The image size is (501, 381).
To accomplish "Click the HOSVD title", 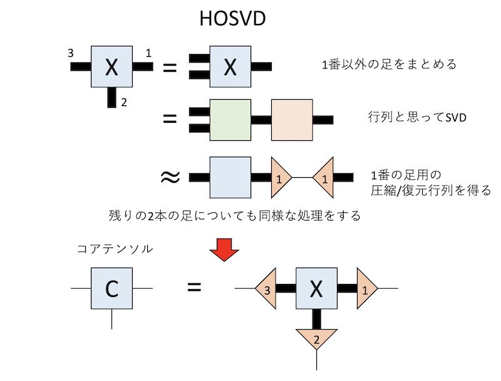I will coord(232,19).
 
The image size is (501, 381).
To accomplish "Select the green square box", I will coord(230,119).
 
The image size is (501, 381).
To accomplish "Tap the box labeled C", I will coord(111,288).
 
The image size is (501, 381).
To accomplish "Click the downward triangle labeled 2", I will coord(317,339).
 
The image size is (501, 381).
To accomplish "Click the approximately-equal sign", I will coord(170,177).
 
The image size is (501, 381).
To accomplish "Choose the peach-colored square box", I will coord(291,119).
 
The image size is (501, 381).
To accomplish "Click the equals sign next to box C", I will coord(195,288).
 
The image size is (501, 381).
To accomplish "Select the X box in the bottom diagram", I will coord(316,288).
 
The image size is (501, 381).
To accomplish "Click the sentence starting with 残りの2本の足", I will coord(234,216).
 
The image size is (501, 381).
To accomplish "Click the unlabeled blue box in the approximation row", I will coord(230,177).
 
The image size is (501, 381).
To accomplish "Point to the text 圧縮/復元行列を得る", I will coord(431,190).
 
